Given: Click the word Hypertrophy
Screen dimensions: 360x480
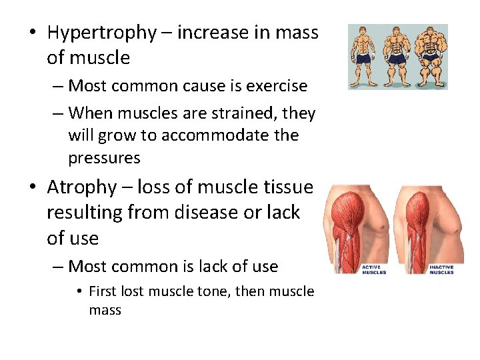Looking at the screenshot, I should (x=100, y=33).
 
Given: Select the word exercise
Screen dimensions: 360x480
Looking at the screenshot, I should (x=276, y=86).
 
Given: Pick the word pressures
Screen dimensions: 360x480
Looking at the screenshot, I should (x=104, y=158).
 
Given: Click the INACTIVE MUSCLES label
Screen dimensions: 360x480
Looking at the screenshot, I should (x=441, y=269).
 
